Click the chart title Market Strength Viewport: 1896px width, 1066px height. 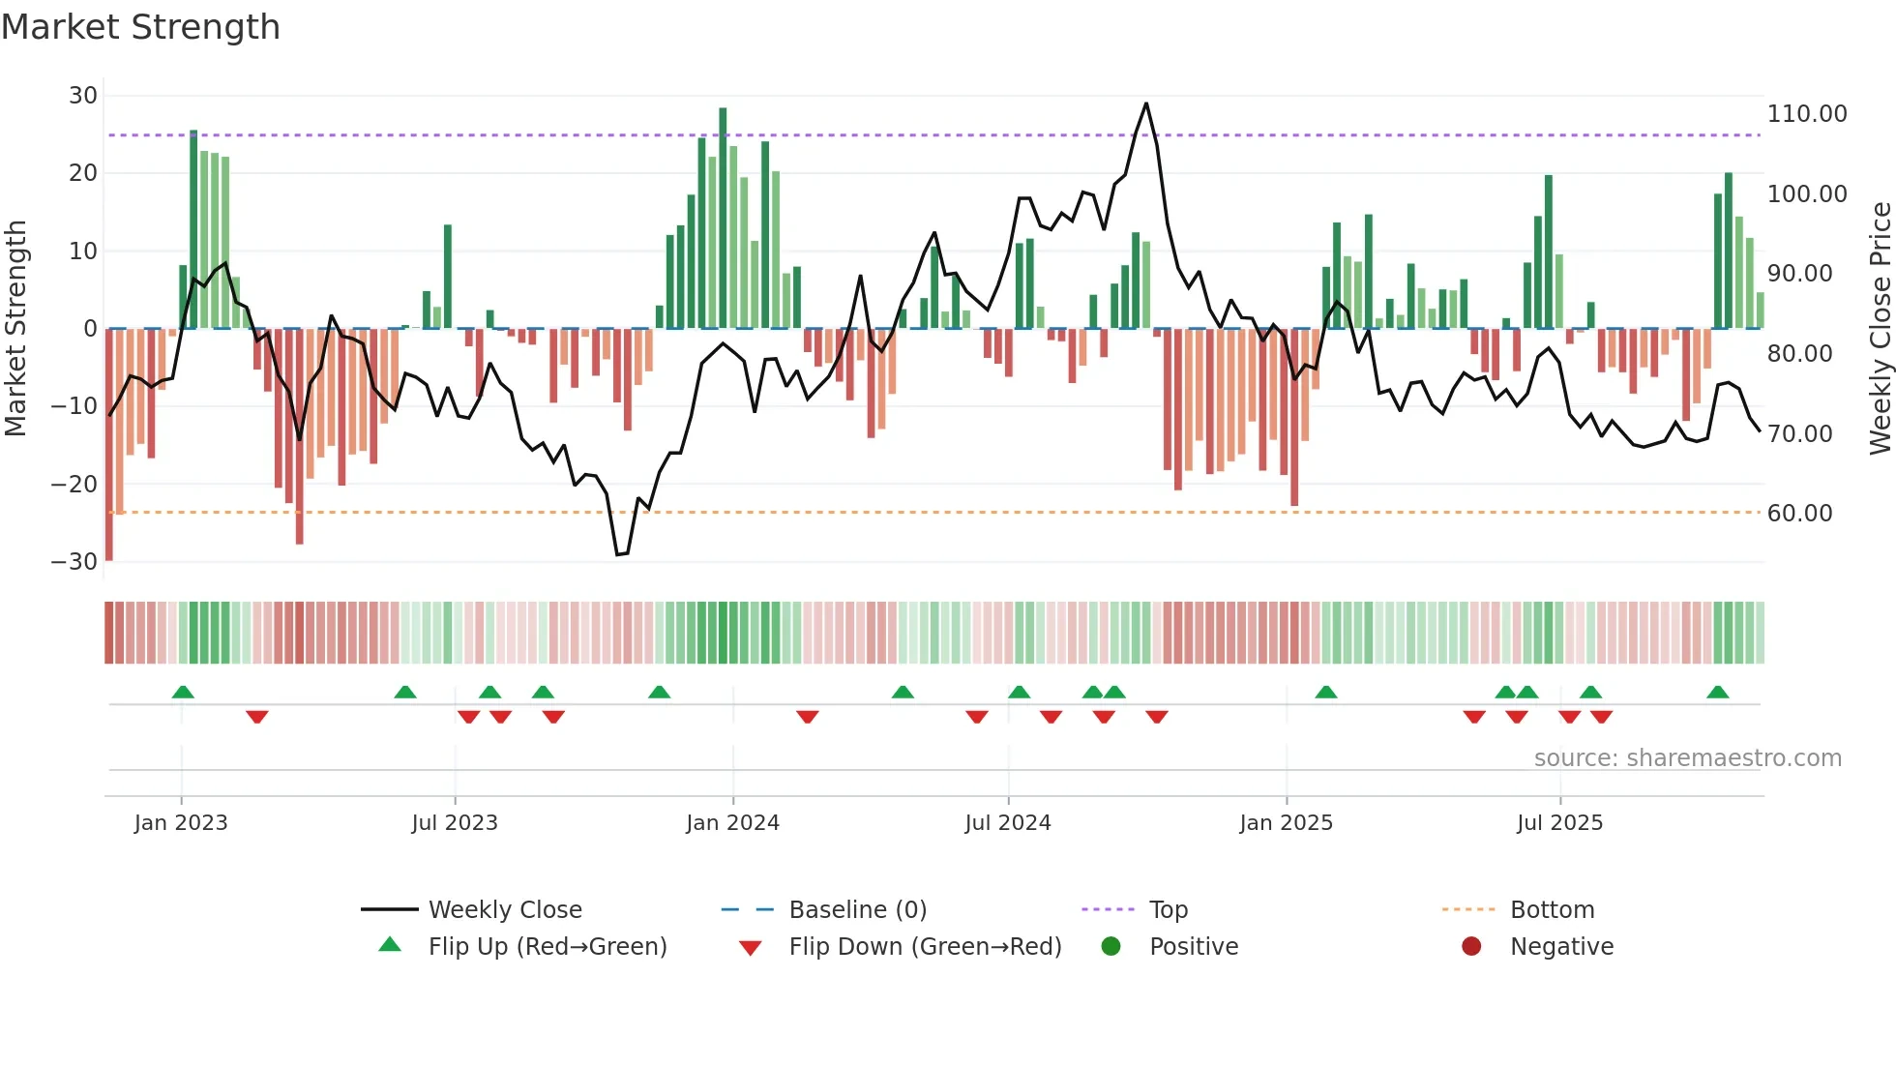(140, 27)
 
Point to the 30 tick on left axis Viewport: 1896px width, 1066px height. (83, 96)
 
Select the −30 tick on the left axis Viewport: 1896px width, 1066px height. (74, 562)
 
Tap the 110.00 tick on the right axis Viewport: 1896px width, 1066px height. (1806, 114)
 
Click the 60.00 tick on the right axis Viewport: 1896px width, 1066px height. (1799, 514)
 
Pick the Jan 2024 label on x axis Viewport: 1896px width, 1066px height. (732, 823)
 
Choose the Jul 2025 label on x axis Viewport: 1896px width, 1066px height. (1559, 823)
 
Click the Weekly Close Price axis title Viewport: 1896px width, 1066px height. (1880, 329)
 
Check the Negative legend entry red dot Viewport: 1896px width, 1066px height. (1471, 947)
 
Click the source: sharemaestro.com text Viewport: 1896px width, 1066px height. (1687, 758)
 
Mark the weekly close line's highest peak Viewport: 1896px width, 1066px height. (1146, 104)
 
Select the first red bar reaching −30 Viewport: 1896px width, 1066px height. (109, 445)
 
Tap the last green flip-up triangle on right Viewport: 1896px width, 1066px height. (1718, 693)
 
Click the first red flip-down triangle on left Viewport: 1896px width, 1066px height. (256, 717)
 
